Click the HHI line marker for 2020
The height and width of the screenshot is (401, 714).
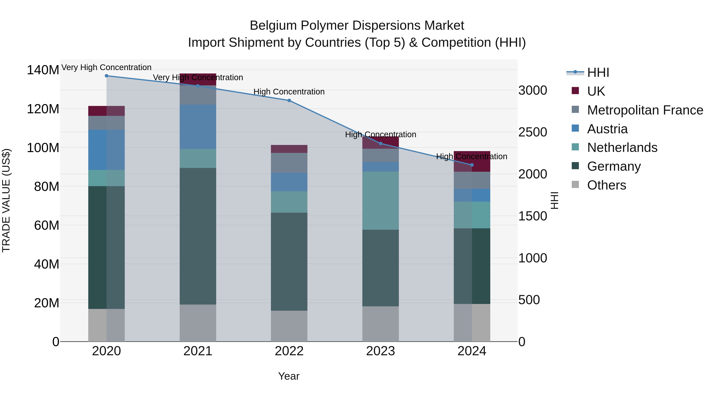(x=107, y=76)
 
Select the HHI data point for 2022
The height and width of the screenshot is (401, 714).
(x=289, y=100)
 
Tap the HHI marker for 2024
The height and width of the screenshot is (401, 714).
(x=472, y=165)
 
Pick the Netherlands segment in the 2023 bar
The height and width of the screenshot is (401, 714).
(x=381, y=200)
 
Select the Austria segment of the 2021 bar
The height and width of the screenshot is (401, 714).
(x=198, y=127)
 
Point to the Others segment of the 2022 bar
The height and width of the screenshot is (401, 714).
(x=289, y=326)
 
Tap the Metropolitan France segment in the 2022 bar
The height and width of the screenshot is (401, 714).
(x=289, y=163)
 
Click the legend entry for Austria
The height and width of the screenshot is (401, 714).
(x=607, y=129)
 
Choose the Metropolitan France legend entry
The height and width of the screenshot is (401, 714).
(x=645, y=110)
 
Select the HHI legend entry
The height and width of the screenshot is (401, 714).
(x=598, y=72)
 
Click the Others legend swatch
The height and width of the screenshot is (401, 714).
(x=575, y=185)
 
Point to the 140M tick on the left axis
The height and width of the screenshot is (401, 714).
(x=43, y=70)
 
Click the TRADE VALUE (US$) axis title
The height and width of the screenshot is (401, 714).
(x=6, y=200)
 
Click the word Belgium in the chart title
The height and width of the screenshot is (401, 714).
(x=273, y=26)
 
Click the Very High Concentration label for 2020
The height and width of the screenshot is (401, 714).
(x=107, y=68)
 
